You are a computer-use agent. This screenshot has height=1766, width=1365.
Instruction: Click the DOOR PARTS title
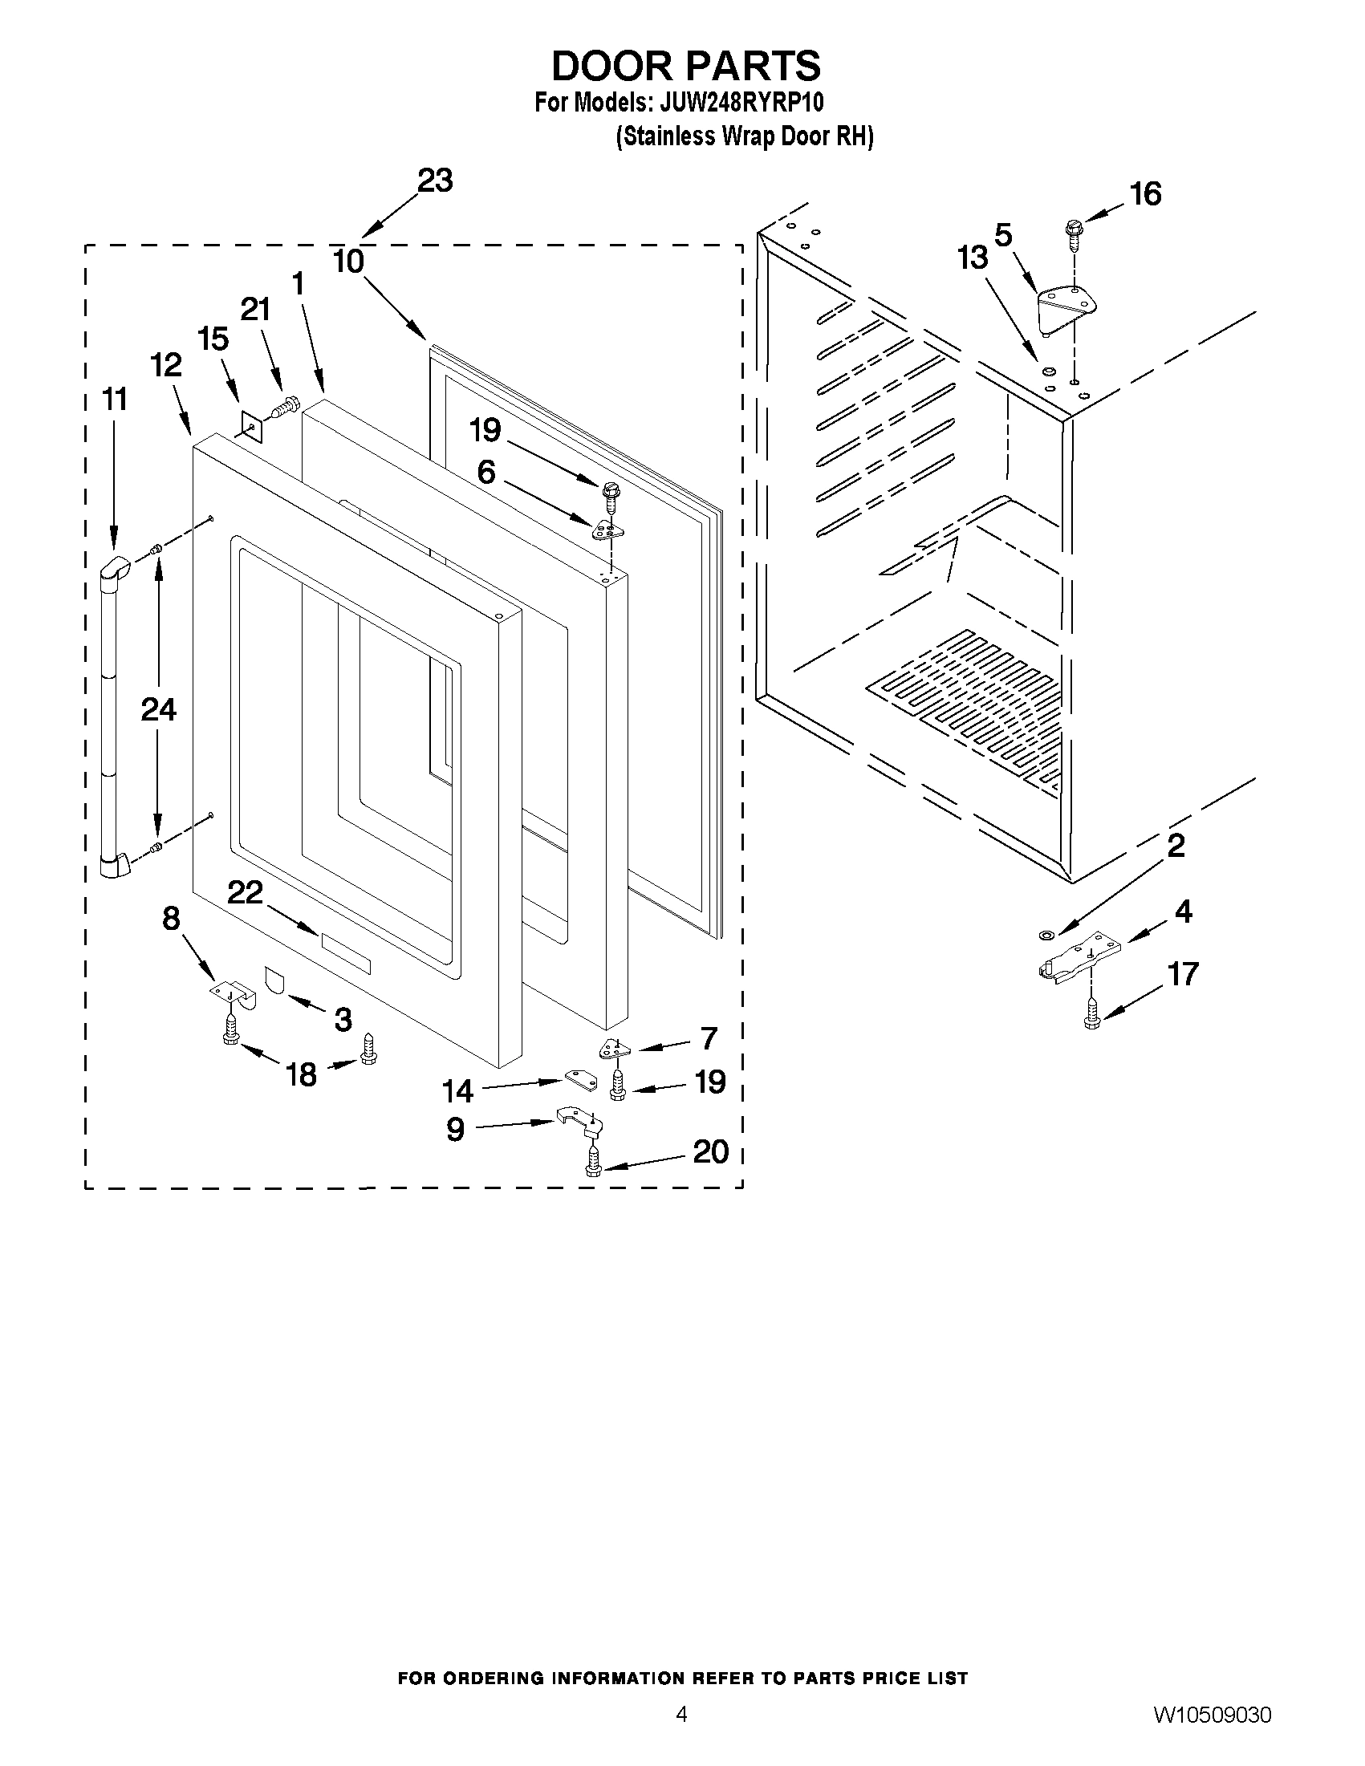686,66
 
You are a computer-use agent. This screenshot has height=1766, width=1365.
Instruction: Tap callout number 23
434,181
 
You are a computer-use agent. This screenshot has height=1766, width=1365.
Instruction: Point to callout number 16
1146,194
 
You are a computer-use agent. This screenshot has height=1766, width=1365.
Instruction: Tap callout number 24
159,709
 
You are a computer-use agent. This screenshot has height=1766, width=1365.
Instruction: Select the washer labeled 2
1045,935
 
